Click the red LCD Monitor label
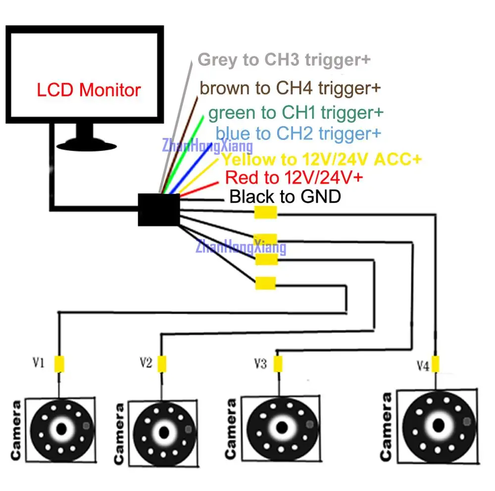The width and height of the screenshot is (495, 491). [89, 90]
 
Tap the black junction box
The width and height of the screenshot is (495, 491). [158, 210]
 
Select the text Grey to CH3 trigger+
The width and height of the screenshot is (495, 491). [284, 60]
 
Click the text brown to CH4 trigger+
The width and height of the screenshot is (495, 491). [290, 89]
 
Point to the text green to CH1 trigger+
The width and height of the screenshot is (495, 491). [296, 113]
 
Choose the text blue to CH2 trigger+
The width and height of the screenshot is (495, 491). [298, 133]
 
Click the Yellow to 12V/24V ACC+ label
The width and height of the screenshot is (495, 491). [321, 159]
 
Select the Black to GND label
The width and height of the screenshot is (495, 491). [286, 197]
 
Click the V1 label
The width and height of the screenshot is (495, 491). [39, 363]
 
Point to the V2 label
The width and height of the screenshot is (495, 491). [145, 363]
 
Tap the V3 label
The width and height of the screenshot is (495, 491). [260, 364]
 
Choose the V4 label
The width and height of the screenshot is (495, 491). [422, 366]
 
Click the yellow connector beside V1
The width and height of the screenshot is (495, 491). [59, 364]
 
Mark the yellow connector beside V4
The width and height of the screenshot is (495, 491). [436, 363]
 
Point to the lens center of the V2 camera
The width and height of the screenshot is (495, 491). [163, 430]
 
